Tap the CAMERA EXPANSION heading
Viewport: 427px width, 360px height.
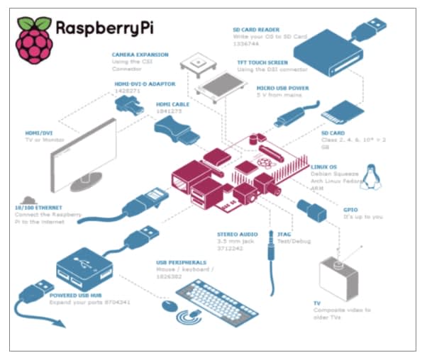[x=139, y=54]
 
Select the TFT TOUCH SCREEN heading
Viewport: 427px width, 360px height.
[x=262, y=62]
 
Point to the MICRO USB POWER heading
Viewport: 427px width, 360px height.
[x=280, y=89]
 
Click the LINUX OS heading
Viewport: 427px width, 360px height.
[x=325, y=167]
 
